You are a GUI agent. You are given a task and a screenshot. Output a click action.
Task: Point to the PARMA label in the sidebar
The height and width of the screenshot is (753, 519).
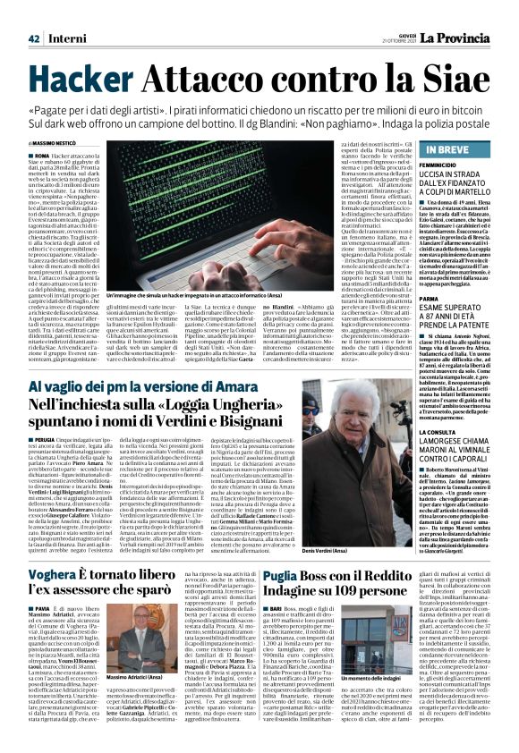pos(430,299)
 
